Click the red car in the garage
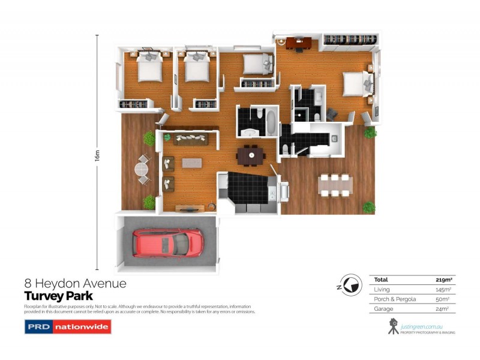[x=168, y=242]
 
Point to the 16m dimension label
[x=97, y=154]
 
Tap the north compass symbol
[x=349, y=284]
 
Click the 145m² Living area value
[x=443, y=289]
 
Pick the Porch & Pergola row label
[x=395, y=299]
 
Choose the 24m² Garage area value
[x=445, y=308]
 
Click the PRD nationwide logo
[x=68, y=327]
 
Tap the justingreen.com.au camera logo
[x=393, y=326]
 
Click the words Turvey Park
[x=58, y=295]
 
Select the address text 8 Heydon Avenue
[x=75, y=283]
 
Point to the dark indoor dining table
[x=251, y=155]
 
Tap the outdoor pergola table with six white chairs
[x=335, y=186]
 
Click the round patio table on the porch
[x=143, y=170]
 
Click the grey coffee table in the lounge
[x=193, y=163]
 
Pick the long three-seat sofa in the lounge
[x=191, y=139]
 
